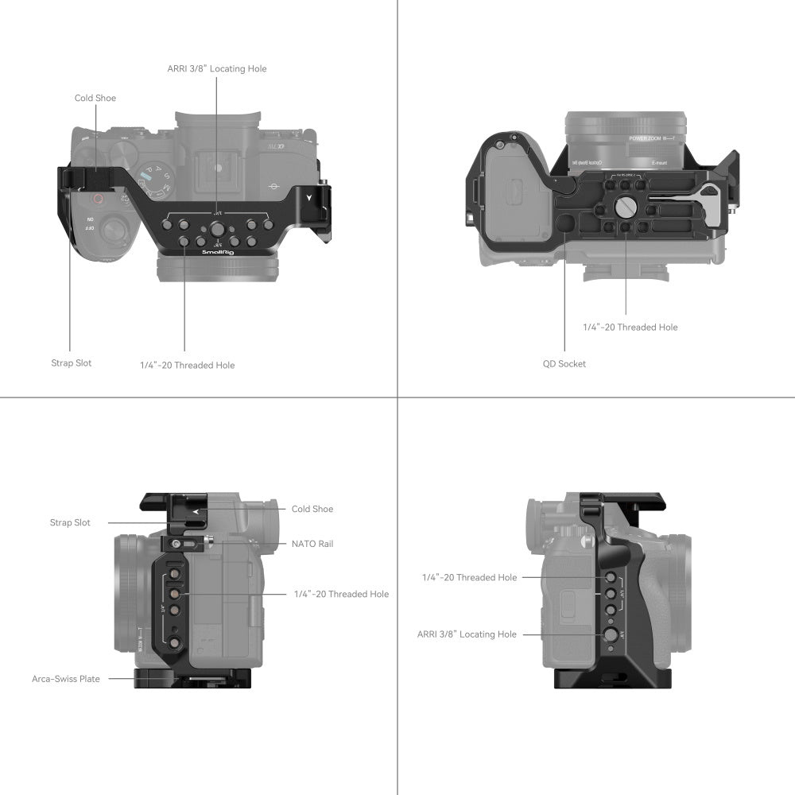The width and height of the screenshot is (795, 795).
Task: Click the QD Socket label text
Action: (x=564, y=364)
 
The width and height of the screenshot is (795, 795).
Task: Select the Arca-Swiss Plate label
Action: (x=66, y=679)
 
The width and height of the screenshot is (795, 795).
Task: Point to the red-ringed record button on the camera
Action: (x=99, y=200)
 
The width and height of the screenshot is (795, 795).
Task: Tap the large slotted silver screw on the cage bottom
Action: (x=626, y=207)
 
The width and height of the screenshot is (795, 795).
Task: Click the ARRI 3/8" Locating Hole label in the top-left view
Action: (x=216, y=69)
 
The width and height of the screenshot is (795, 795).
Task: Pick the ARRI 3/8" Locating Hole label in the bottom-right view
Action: (x=467, y=634)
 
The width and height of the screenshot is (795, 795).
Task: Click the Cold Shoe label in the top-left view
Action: (x=95, y=99)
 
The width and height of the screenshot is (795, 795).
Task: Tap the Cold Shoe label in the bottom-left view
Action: (x=312, y=509)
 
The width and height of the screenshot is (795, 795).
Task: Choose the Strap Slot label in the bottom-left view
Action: (x=70, y=523)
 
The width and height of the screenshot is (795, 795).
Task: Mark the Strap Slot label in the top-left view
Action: (x=72, y=363)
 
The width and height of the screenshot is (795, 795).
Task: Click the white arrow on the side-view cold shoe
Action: (x=195, y=512)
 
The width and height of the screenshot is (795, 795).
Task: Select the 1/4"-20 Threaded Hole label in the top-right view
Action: (x=630, y=327)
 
